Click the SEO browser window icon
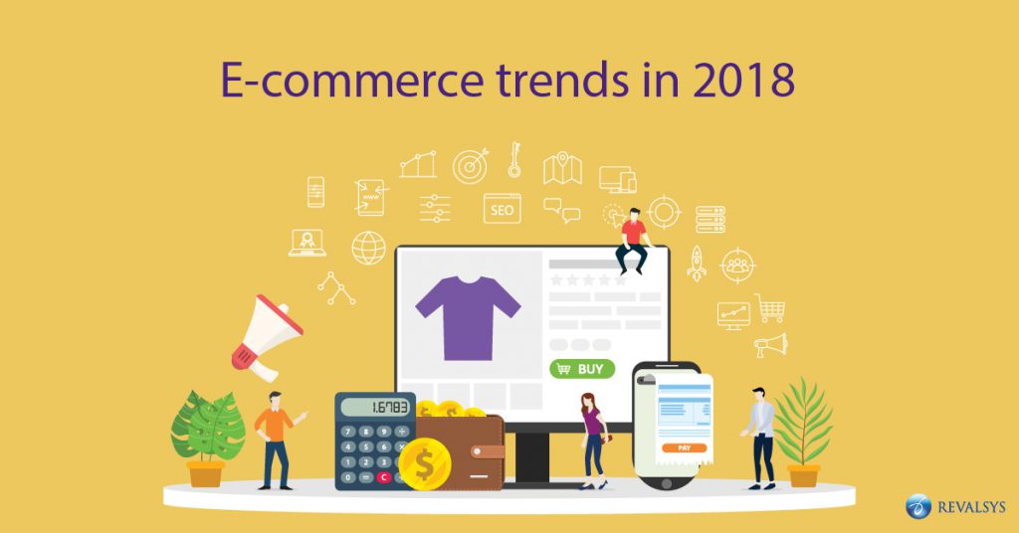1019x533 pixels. (x=503, y=209)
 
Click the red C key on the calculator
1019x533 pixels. (x=383, y=477)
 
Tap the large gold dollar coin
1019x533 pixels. (x=425, y=464)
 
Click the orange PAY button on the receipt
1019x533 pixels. (x=684, y=447)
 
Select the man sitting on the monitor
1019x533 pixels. (x=632, y=242)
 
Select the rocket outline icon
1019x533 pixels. (x=697, y=263)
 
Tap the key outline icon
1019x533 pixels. (x=514, y=159)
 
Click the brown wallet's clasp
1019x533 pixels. (x=488, y=451)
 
